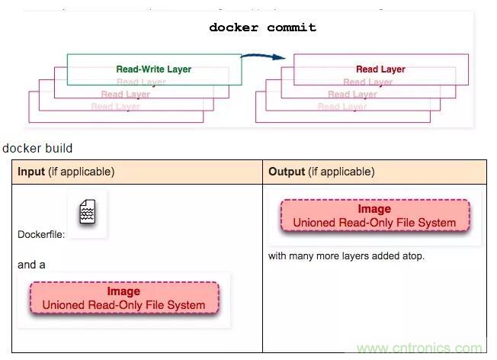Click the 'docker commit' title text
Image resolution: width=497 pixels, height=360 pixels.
(263, 27)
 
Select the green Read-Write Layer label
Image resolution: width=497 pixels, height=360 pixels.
(153, 69)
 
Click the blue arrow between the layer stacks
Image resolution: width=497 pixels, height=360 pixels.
(263, 56)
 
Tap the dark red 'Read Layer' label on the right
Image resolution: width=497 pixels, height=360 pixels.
(380, 69)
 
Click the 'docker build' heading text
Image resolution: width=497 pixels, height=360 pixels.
(37, 148)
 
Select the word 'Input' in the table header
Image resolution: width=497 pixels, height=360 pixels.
(31, 172)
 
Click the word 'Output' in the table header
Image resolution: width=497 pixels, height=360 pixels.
(287, 172)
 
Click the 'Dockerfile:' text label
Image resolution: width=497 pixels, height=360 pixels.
(41, 235)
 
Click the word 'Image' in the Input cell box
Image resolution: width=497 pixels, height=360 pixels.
(123, 291)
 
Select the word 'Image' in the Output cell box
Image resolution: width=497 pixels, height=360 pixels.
(374, 209)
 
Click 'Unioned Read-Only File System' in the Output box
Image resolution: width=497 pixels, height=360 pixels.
(374, 223)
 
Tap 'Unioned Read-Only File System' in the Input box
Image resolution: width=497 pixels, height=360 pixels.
(123, 305)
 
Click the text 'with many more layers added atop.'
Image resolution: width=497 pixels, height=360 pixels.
(346, 256)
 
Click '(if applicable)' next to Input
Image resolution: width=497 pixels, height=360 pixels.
(82, 172)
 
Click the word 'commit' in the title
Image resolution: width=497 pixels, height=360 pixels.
(291, 27)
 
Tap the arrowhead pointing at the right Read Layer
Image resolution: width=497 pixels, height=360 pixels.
(282, 57)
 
